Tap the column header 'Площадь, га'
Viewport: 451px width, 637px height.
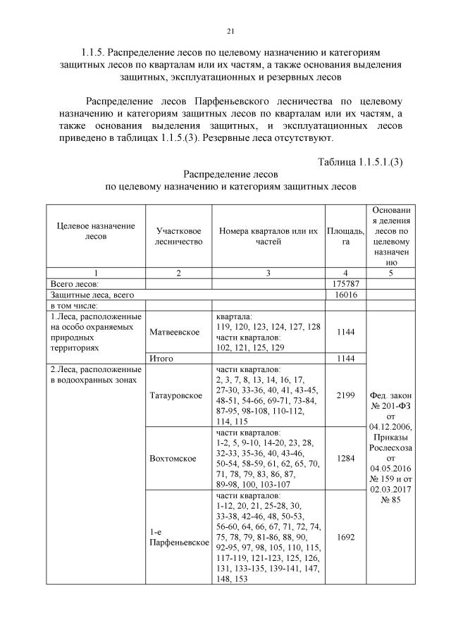pyautogui.click(x=345, y=236)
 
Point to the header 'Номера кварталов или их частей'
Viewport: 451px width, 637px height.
pyautogui.click(x=268, y=236)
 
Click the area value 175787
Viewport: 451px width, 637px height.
pyautogui.click(x=345, y=284)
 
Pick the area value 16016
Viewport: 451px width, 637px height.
pyautogui.click(x=345, y=295)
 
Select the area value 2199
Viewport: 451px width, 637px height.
pyautogui.click(x=345, y=395)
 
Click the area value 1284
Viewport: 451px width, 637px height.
pyautogui.click(x=345, y=459)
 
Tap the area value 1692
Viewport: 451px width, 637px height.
pyautogui.click(x=345, y=537)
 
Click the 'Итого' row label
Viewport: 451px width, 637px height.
pyautogui.click(x=162, y=359)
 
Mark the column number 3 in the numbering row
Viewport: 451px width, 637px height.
pyautogui.click(x=268, y=273)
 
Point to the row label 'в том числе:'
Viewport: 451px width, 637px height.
pyautogui.click(x=74, y=306)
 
